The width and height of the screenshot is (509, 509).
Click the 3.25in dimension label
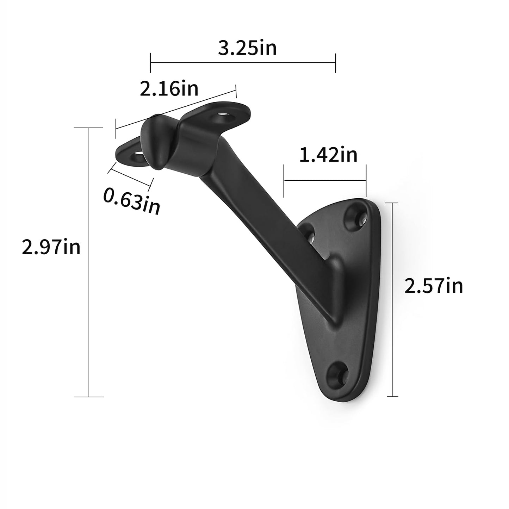(x=247, y=48)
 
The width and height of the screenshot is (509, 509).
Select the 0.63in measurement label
(x=132, y=200)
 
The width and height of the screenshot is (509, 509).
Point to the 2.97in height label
(x=51, y=247)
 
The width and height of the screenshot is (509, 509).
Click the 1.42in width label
(x=328, y=155)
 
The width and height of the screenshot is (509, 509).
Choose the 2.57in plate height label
(x=433, y=286)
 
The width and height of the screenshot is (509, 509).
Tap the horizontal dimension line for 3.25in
(x=243, y=63)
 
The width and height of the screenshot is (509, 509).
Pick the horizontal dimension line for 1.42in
(x=325, y=181)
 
